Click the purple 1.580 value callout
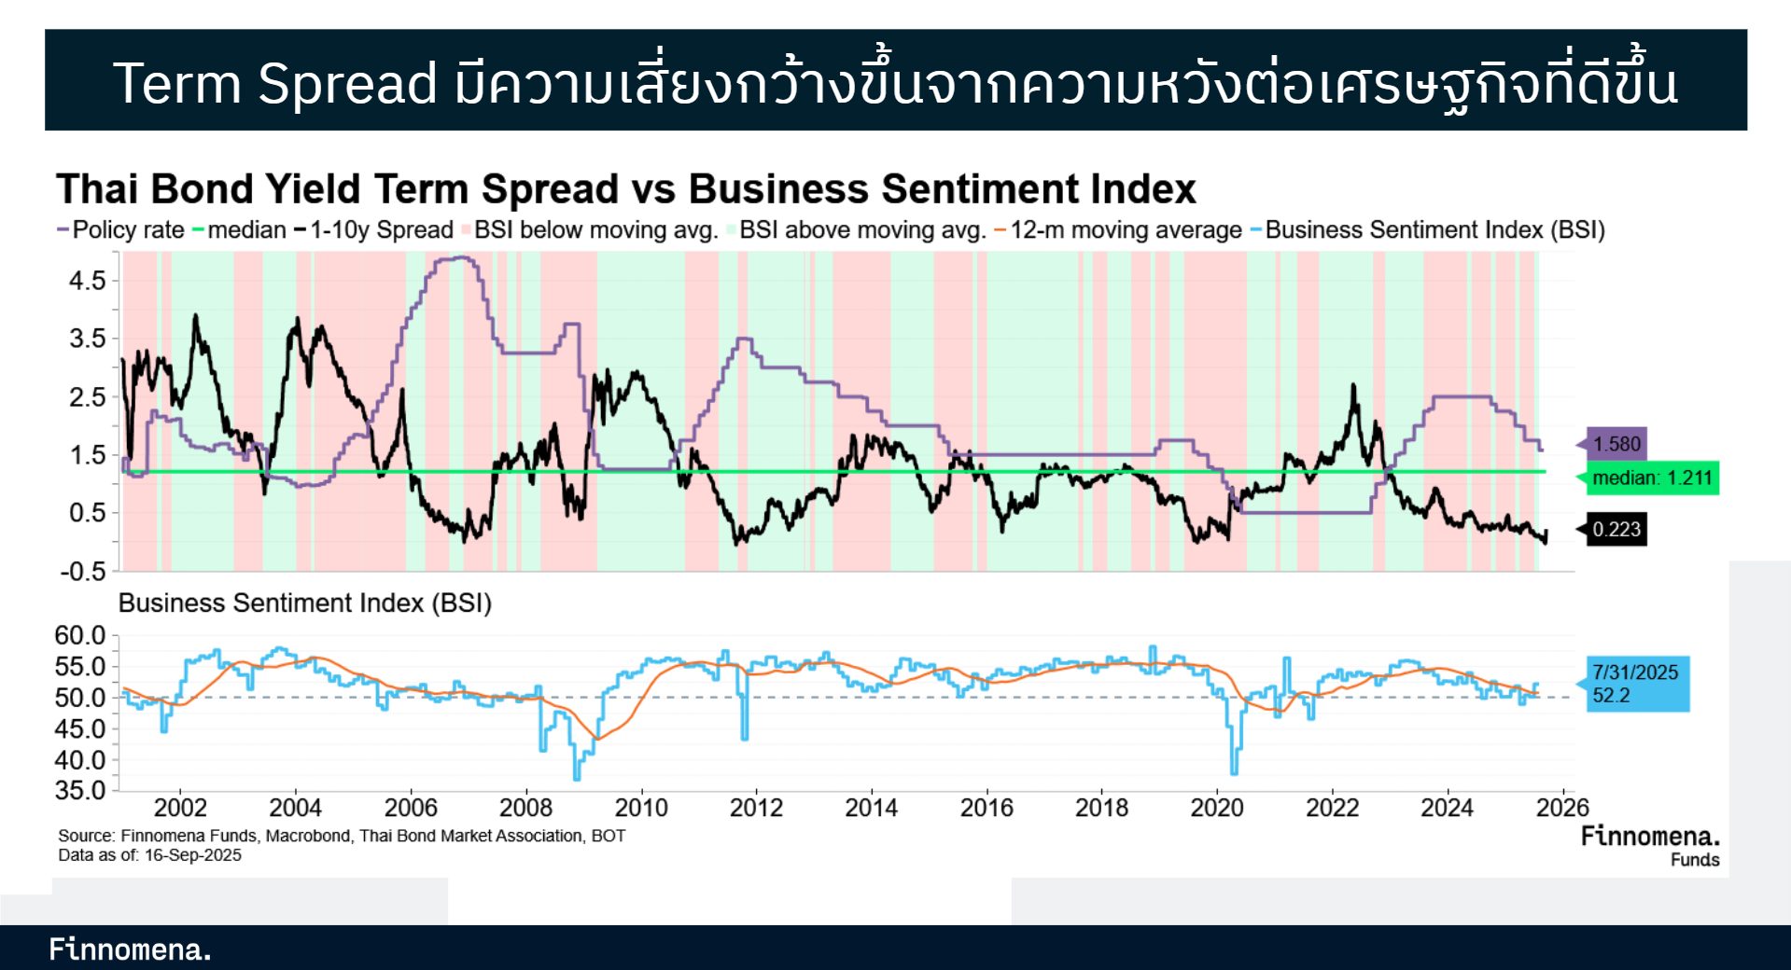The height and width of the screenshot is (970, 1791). click(1616, 444)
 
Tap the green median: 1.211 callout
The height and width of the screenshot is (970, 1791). click(1651, 478)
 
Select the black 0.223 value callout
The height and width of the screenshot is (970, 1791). click(1616, 530)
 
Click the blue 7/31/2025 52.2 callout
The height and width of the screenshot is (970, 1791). click(1638, 684)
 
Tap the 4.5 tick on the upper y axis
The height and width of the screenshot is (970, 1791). click(88, 281)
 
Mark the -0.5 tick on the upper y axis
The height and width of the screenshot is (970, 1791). click(84, 572)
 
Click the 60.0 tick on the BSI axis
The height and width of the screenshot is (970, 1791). click(80, 636)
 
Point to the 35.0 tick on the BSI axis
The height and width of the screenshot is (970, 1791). click(80, 791)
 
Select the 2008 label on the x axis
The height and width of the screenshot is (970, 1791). click(525, 808)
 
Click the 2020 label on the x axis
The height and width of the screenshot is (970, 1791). click(1217, 808)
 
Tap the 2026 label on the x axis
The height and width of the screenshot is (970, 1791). click(1562, 808)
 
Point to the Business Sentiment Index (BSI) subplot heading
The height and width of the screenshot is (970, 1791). click(304, 603)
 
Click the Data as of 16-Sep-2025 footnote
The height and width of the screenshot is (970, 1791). click(149, 855)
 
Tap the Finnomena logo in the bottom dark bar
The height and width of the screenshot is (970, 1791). click(130, 949)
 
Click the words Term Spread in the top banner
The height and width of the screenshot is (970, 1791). click(274, 83)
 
